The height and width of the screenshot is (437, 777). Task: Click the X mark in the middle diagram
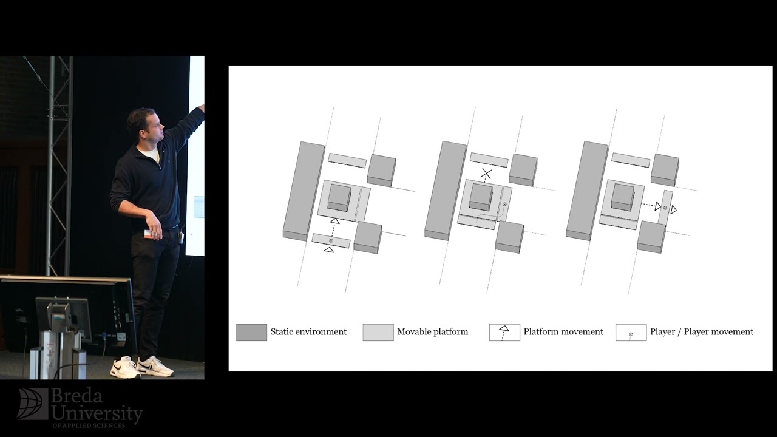(487, 174)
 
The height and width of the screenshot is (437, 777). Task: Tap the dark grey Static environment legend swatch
(251, 332)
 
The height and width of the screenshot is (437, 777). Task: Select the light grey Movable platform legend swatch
(378, 332)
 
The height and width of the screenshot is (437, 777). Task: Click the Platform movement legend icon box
(504, 332)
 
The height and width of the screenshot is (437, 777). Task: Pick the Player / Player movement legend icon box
(631, 332)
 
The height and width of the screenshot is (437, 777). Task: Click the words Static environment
(308, 332)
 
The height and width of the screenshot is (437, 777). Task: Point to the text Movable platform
(433, 332)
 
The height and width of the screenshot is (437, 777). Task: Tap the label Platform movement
(563, 332)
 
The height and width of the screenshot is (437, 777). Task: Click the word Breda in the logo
(76, 396)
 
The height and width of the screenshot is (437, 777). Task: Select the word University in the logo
(97, 413)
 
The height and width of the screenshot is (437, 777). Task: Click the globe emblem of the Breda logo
(33, 404)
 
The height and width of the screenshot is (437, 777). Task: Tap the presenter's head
(145, 124)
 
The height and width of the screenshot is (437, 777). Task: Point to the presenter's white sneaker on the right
(155, 367)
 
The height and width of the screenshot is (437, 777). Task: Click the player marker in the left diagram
(331, 240)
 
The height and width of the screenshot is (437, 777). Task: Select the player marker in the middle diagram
(504, 205)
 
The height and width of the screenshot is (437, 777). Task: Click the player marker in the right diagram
(665, 208)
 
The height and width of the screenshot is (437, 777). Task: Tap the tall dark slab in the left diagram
(304, 191)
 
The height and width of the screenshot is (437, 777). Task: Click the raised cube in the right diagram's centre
(622, 196)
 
